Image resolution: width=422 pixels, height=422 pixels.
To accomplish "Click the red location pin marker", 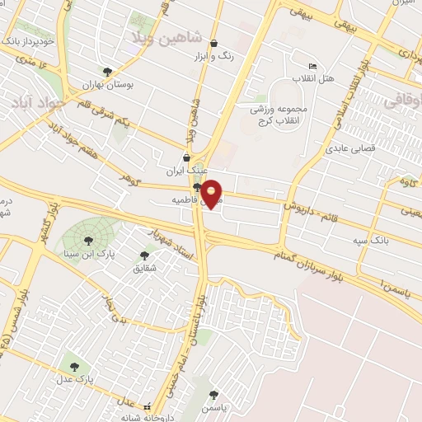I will (x=213, y=194).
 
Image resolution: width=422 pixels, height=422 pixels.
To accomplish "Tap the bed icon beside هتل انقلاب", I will (x=312, y=66).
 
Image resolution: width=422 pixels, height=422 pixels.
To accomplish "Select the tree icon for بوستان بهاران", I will (x=107, y=72).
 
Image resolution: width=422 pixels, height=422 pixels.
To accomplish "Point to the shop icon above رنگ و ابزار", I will (x=214, y=44).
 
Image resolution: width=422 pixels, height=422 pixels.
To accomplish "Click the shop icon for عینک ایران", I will (x=186, y=157).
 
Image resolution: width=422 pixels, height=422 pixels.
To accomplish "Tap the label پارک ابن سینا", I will (x=87, y=252).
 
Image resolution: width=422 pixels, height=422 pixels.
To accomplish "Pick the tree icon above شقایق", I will (x=144, y=256).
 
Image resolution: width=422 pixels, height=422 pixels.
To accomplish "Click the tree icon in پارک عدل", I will (x=75, y=365).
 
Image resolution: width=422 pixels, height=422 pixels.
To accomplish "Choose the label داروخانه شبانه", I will (x=157, y=415).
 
